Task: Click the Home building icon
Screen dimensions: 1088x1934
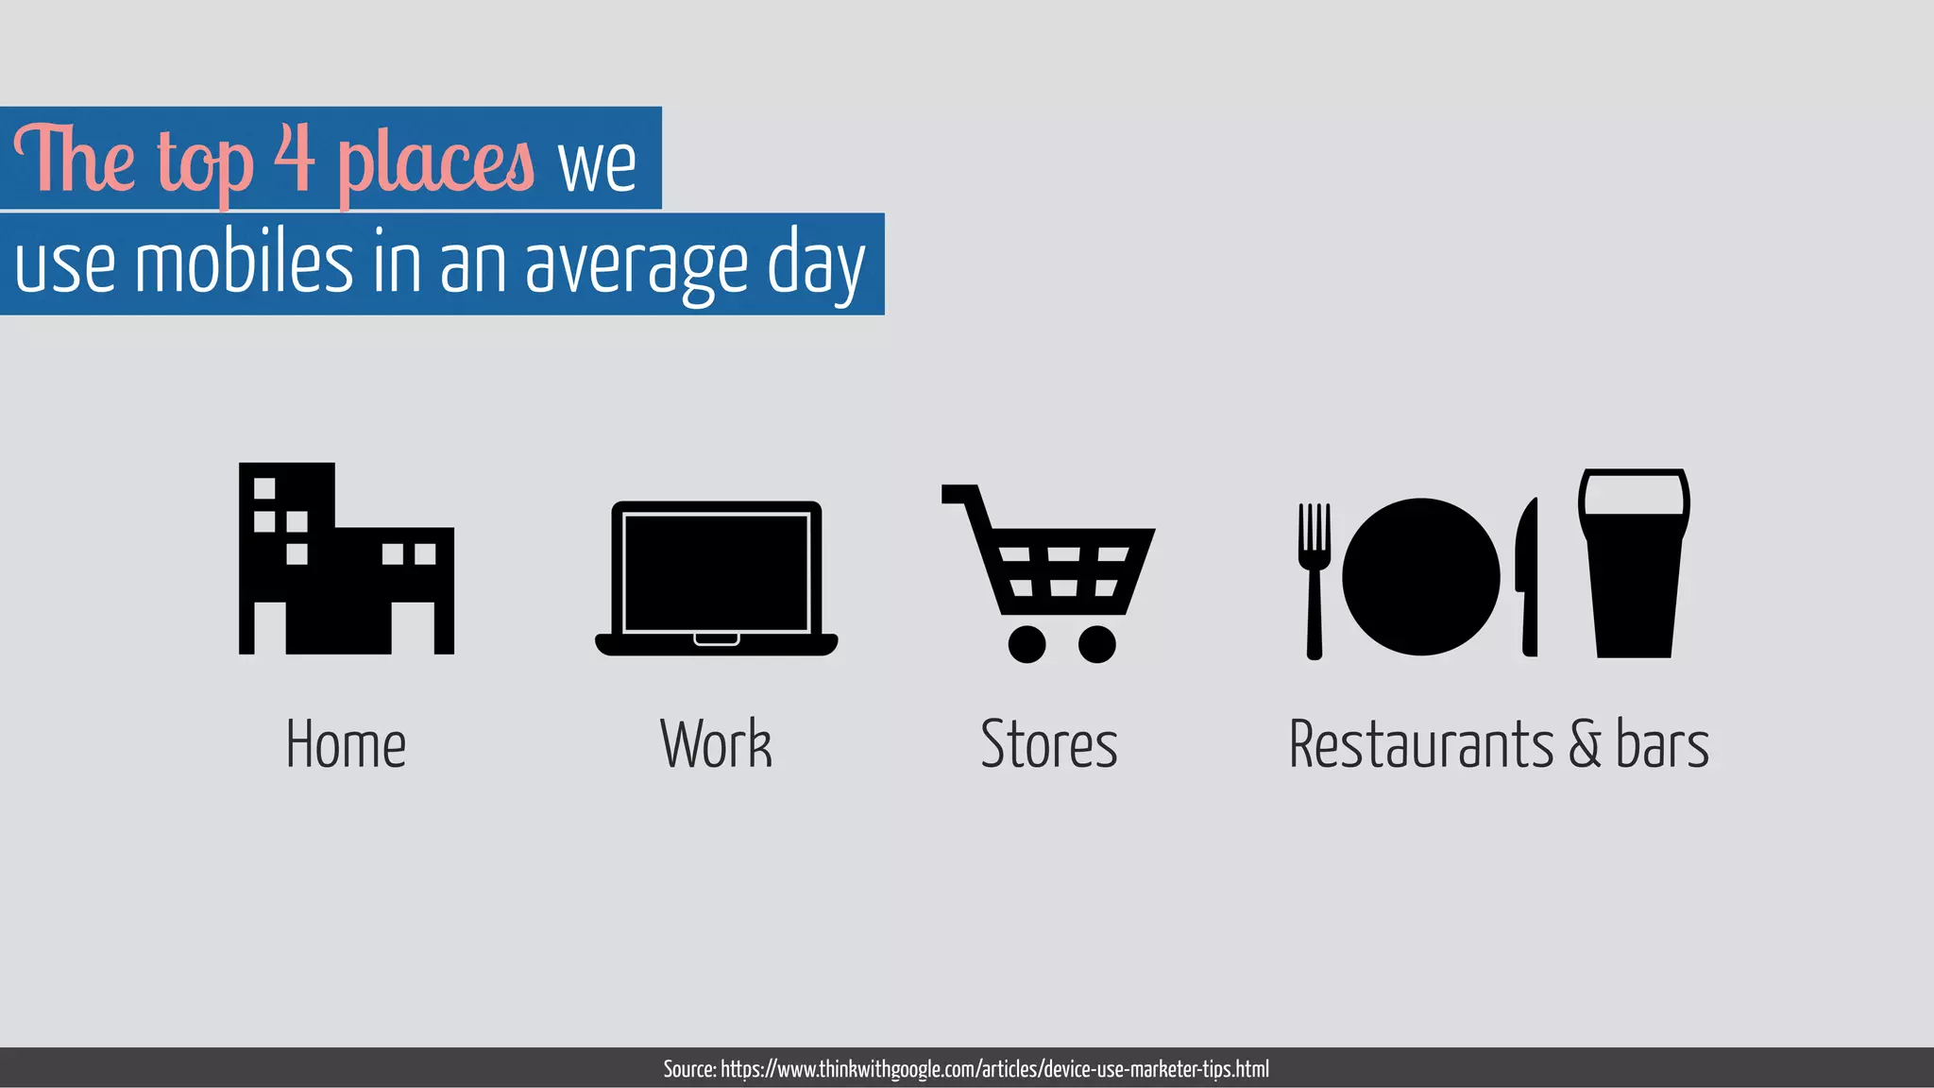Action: (x=346, y=559)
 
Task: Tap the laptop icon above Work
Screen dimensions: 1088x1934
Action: (x=716, y=578)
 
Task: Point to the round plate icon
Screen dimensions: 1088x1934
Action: (x=1420, y=576)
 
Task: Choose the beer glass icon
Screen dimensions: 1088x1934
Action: (x=1634, y=563)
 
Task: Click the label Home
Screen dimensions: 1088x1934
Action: (x=346, y=744)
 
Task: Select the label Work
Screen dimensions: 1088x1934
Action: (x=716, y=744)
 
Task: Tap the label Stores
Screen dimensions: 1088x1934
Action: (x=1049, y=744)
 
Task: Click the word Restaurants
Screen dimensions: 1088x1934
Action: (x=1420, y=744)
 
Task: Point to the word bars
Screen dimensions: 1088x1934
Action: (x=1662, y=744)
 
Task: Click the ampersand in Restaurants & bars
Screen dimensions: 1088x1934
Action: (x=1586, y=744)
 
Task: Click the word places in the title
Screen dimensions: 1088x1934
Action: (x=436, y=164)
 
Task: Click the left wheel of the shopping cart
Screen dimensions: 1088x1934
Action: (x=1026, y=644)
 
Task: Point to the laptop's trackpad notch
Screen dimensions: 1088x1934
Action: (x=717, y=639)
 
